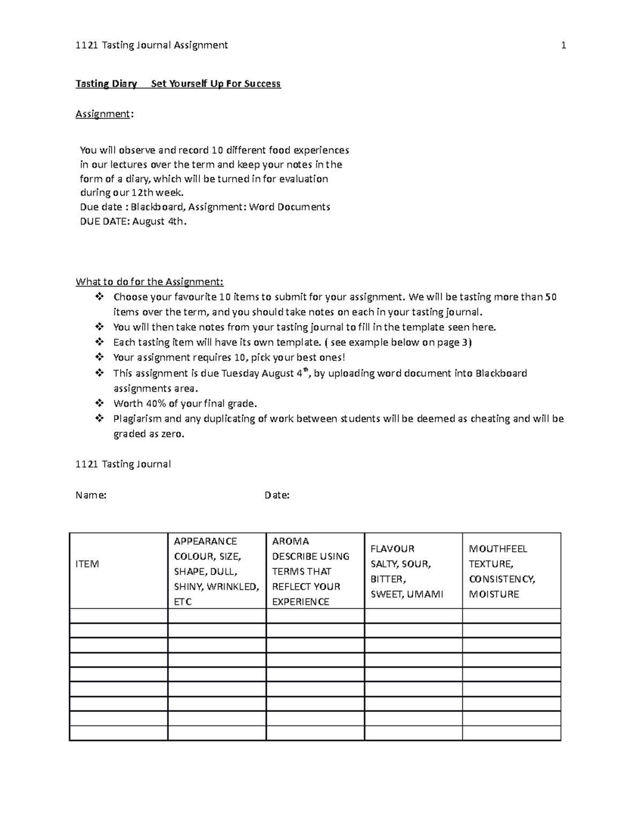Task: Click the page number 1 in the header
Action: [x=563, y=46]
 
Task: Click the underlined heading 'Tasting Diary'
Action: [x=106, y=84]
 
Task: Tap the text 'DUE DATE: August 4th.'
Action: [x=133, y=221]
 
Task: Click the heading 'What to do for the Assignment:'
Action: [x=149, y=282]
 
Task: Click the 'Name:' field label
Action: [x=91, y=496]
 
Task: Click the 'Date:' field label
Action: [x=277, y=496]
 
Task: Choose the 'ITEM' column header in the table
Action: [x=87, y=564]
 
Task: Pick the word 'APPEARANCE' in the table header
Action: [x=205, y=541]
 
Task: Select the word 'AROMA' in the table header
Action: [x=290, y=541]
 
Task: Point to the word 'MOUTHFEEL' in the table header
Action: [x=498, y=549]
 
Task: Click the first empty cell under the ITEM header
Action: [x=118, y=616]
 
